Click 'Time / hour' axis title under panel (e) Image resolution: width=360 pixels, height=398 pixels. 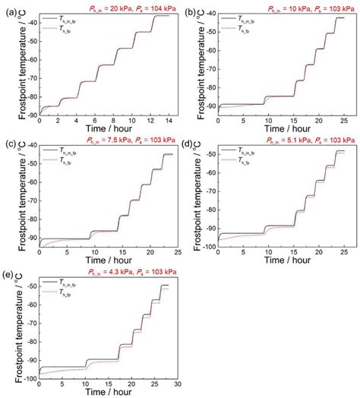click(106, 393)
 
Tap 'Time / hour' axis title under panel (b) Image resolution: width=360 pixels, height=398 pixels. click(284, 128)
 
